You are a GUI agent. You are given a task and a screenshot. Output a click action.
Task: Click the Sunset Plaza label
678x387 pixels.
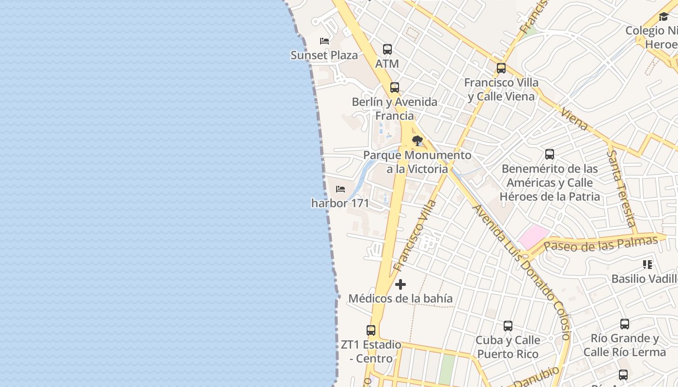pos(324,55)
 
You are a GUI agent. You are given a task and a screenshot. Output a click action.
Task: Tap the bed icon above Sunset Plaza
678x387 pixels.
pos(324,41)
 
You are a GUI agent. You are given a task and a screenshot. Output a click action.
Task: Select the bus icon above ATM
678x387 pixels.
pos(387,49)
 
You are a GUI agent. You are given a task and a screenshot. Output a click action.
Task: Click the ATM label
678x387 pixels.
pos(387,63)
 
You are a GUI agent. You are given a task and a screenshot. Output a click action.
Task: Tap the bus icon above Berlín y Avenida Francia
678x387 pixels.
pos(395,88)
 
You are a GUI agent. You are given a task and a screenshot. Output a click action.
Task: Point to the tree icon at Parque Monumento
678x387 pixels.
pos(417,141)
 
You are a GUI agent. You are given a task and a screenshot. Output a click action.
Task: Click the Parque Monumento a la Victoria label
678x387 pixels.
pos(417,162)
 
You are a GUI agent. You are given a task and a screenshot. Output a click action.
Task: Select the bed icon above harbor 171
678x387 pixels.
pos(340,189)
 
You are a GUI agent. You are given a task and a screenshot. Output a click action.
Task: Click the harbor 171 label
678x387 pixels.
pos(340,203)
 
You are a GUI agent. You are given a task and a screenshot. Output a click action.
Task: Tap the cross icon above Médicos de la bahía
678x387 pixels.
pos(401,284)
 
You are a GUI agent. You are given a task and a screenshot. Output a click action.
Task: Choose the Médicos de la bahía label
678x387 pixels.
pos(401,298)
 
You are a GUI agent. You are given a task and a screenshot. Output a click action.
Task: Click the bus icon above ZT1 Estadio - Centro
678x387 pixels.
pos(371,330)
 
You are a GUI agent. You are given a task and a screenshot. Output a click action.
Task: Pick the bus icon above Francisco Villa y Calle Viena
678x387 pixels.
pos(501,68)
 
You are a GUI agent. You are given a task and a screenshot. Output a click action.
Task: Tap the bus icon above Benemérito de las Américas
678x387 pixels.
pos(550,154)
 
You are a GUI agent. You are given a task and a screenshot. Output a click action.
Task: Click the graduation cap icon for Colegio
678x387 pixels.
pos(663,17)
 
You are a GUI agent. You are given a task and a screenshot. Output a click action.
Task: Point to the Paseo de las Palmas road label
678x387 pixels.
pos(601,244)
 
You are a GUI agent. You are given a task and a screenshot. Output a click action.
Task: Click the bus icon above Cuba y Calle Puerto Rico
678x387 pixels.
pos(508,326)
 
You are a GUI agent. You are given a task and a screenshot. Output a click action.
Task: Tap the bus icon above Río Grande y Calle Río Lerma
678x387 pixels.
pos(625,324)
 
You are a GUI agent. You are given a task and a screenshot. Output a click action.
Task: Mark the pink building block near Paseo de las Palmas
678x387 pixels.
pos(533,237)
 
